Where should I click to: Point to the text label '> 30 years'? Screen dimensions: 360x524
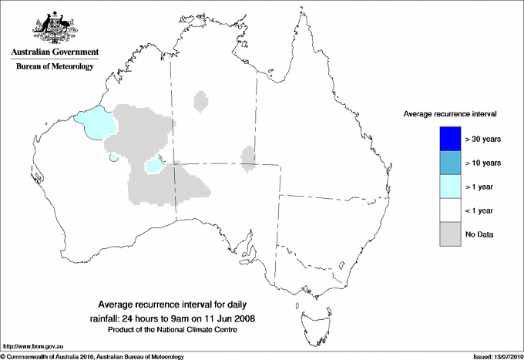click(484, 139)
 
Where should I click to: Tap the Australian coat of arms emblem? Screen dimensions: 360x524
click(54, 27)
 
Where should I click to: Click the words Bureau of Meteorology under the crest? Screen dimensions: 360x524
click(54, 67)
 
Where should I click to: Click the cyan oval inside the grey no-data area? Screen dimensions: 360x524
click(154, 164)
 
